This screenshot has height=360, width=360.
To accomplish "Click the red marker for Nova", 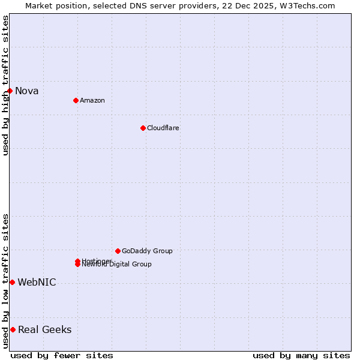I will [x=10, y=91].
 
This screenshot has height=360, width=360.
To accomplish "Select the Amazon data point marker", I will [x=76, y=100].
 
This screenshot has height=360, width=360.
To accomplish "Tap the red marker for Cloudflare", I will [x=143, y=128].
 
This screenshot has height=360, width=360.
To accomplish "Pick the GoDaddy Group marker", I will [x=118, y=251].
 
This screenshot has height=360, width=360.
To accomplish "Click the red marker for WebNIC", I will [x=12, y=282].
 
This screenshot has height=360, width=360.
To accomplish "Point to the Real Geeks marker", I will [x=13, y=329].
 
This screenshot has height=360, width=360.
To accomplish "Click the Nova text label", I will [x=27, y=91].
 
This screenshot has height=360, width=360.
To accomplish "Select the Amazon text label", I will [x=92, y=100].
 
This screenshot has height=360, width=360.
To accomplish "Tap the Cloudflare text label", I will [x=163, y=128].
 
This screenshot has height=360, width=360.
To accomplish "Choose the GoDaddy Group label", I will [x=147, y=251].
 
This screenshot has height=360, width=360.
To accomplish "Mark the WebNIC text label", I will [x=37, y=283].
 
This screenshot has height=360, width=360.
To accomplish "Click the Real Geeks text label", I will [x=45, y=330].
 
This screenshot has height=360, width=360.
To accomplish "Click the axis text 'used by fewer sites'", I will [x=62, y=355].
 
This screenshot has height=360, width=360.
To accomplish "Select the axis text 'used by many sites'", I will [x=301, y=355].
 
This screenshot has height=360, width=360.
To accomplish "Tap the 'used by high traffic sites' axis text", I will [x=5, y=86].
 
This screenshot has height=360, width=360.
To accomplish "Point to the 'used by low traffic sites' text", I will [x=5, y=281].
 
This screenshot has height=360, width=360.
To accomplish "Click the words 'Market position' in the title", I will [x=52, y=5].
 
